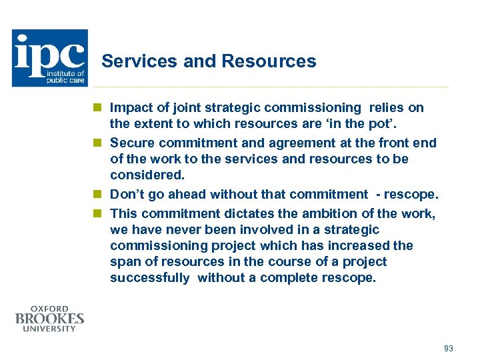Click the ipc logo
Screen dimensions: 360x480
coord(49,58)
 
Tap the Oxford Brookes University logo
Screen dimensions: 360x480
coord(50,319)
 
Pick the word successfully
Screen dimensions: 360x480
coord(150,277)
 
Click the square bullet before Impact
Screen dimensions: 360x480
coord(97,107)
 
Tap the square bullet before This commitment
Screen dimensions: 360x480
coord(97,213)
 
